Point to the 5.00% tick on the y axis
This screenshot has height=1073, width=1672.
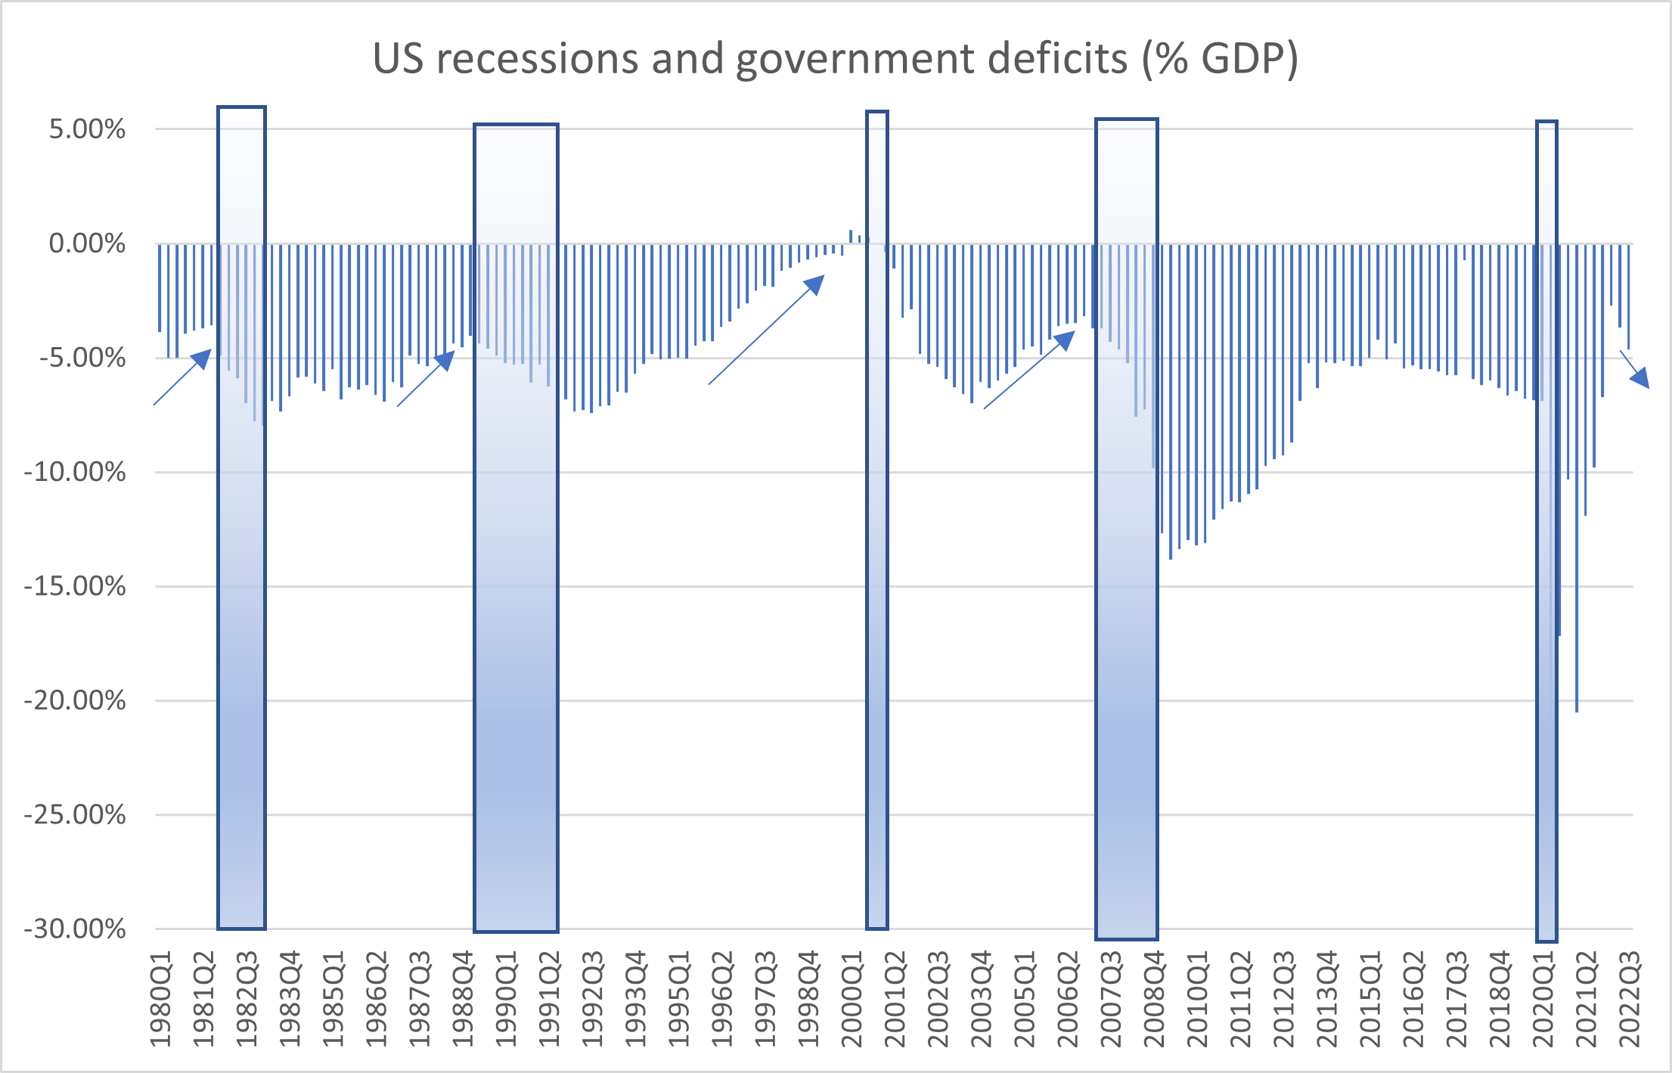(x=87, y=129)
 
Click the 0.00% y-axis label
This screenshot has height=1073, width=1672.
(x=87, y=243)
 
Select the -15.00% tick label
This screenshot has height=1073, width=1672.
(x=75, y=586)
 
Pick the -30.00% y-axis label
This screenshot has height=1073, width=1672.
(x=75, y=929)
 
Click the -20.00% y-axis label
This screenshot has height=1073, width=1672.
(x=75, y=700)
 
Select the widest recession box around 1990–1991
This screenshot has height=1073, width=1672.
(x=516, y=529)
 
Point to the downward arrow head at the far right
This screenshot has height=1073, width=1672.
(x=1640, y=378)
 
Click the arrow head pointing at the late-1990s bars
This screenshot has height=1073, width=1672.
(x=815, y=284)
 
